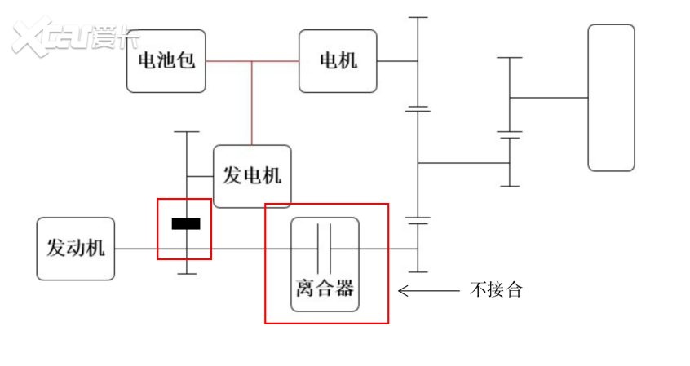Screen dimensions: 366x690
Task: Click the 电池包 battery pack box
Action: tap(166, 61)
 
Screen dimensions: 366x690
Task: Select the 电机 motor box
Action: tap(338, 61)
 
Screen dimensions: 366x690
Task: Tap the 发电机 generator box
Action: tap(252, 176)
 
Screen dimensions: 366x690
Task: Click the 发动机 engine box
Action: tap(76, 249)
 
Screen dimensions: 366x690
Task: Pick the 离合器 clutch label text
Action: tap(325, 288)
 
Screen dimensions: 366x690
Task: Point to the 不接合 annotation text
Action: tap(495, 289)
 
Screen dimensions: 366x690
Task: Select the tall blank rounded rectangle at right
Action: tap(611, 98)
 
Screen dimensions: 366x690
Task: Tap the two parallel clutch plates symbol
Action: tap(325, 248)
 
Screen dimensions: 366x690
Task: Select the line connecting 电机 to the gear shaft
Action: tap(397, 61)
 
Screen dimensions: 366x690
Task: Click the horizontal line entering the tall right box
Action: tap(549, 98)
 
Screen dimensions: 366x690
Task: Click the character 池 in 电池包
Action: tap(166, 61)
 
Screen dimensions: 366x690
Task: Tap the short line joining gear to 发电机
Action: tap(200, 177)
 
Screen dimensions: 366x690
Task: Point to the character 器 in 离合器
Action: tap(345, 288)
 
